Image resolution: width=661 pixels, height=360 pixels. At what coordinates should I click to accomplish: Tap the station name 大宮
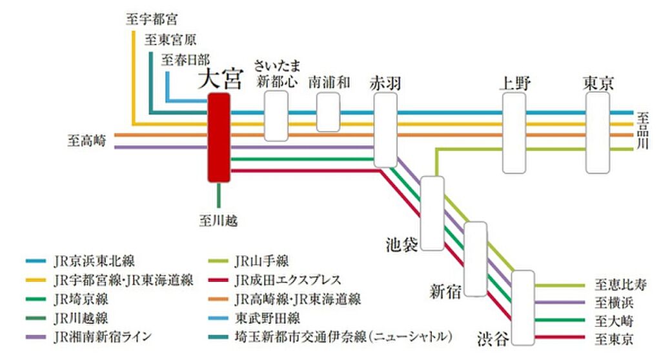pos(219,81)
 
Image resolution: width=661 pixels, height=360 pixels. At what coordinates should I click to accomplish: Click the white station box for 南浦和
pos(329,112)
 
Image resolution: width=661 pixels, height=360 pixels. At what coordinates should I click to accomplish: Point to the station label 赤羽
pos(385,83)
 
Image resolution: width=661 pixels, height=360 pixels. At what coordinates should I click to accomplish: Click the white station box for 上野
pos(514,132)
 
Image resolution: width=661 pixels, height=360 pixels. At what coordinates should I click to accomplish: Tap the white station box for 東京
pos(597,132)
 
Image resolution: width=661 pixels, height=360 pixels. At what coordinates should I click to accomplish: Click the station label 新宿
pos(446,291)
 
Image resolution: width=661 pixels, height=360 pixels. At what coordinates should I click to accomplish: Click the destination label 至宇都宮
pos(152,19)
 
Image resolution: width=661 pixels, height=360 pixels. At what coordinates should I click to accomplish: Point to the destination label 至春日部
pos(185,60)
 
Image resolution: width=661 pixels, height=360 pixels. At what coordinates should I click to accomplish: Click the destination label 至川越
pos(218,221)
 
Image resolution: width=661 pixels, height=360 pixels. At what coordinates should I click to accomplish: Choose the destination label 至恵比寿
pos(619,285)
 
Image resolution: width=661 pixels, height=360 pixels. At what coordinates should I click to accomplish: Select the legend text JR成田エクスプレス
pos(288,280)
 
